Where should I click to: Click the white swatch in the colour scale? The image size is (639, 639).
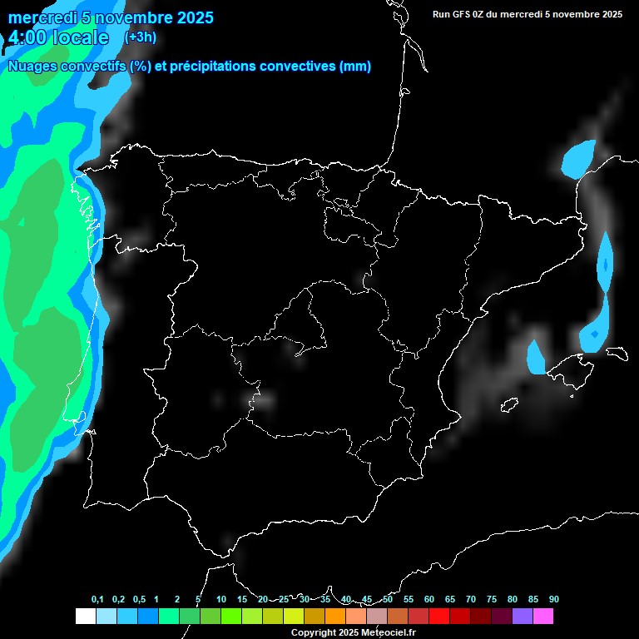pos(85,616)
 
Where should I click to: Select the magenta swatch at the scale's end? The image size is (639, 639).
pos(542,616)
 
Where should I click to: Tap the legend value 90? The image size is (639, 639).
pos(553,599)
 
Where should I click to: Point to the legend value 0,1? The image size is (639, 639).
pos(97,599)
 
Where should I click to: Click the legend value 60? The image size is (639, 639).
pos(428,599)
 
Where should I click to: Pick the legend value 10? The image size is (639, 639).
pos(221,599)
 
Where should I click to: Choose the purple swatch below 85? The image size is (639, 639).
pos(522,616)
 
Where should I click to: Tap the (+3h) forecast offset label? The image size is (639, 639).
pos(140,37)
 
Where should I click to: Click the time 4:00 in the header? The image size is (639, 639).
pos(27,37)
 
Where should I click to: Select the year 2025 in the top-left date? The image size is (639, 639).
pos(193,17)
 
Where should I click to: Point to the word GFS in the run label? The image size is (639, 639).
pos(463,14)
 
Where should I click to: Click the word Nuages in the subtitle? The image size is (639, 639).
pos(32,67)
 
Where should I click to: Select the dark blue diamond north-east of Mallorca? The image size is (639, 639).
pos(594,334)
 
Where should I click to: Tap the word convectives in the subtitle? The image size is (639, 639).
pos(298,67)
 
